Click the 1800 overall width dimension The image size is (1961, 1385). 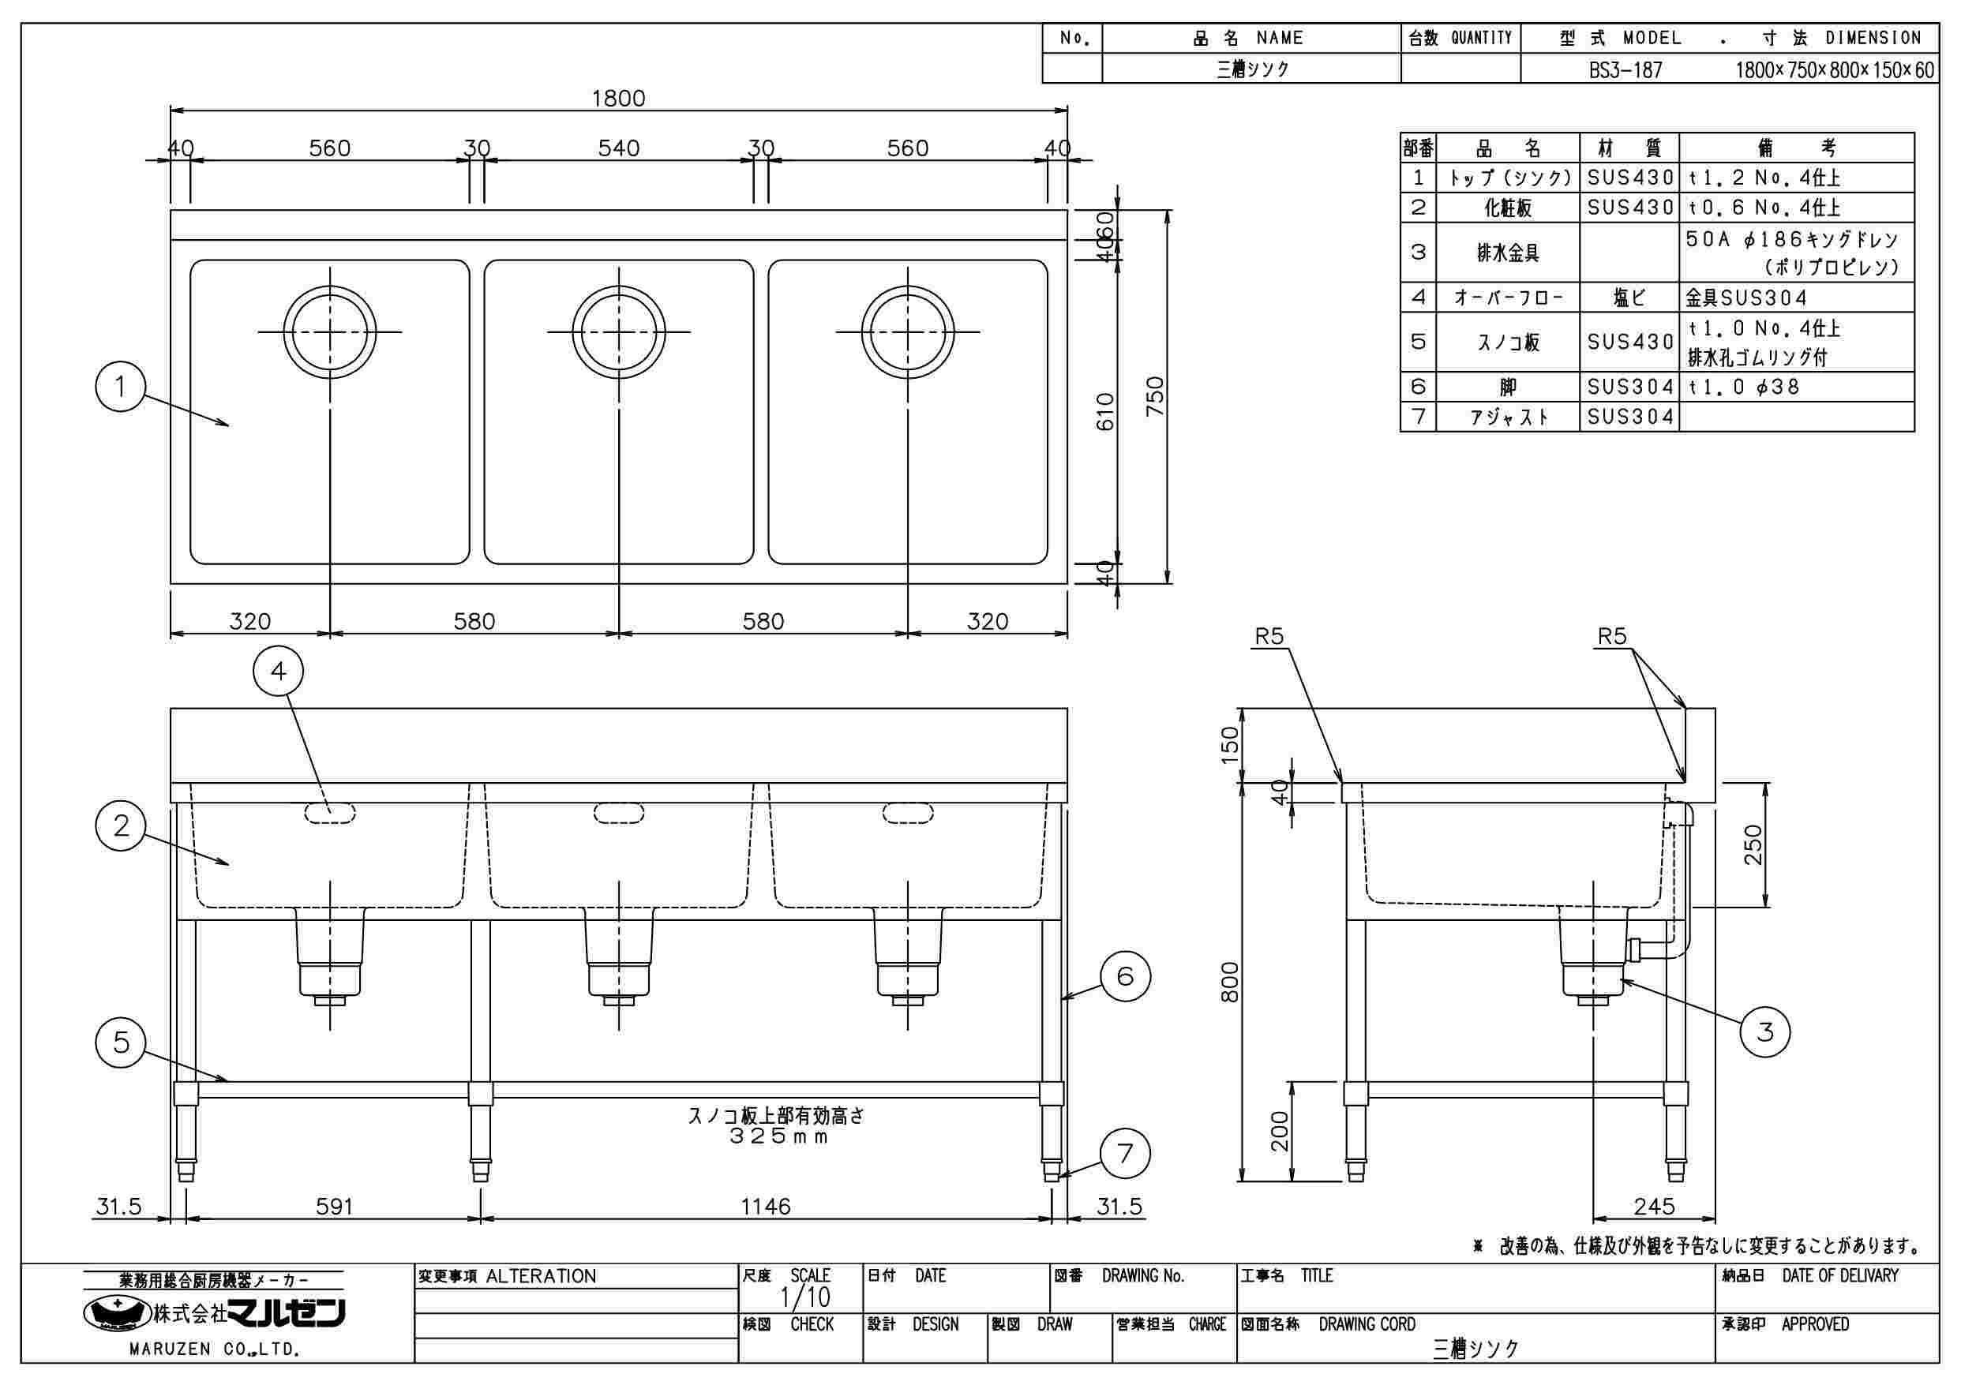[x=618, y=98]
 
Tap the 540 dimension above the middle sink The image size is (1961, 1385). [x=618, y=148]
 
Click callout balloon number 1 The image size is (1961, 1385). [x=121, y=387]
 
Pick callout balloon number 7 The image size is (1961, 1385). [x=1125, y=1154]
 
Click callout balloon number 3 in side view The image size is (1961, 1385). [x=1764, y=1031]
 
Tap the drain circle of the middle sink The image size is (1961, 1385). [x=618, y=331]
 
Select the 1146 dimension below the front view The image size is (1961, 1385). [x=765, y=1206]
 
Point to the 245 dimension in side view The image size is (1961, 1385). [x=1654, y=1206]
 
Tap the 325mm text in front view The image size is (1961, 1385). [x=778, y=1136]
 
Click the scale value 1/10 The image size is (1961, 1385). [x=804, y=1298]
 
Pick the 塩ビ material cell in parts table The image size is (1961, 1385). [x=1629, y=298]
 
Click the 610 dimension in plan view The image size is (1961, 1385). [x=1105, y=412]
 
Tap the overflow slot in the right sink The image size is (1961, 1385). [x=908, y=813]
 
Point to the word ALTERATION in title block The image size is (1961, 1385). [x=541, y=1277]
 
